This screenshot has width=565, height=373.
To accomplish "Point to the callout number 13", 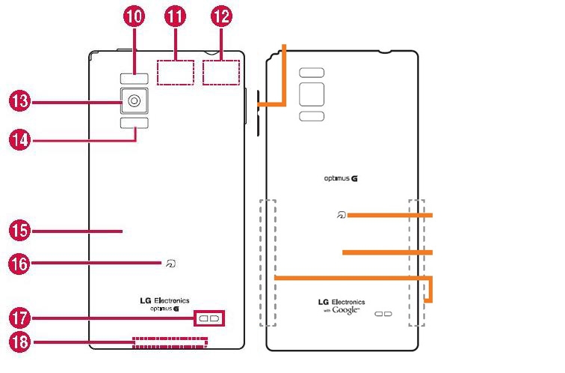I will coord(19,100).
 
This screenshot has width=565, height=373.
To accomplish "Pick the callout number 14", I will coord(19,138).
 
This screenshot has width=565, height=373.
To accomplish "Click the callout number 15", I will coord(19,230).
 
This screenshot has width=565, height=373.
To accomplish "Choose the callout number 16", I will coord(19,263).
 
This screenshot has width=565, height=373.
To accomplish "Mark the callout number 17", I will coord(19,318).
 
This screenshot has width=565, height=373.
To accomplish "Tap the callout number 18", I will coord(19,343).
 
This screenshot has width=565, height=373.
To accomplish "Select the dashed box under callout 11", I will coord(176,72).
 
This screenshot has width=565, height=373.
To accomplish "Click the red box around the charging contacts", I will coord(209,318).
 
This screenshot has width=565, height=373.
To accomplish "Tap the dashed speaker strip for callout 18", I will coord(170,343).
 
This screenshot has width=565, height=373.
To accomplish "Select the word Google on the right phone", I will coord(347,309).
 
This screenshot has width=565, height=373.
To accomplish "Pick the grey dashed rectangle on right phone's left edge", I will coord(268,262).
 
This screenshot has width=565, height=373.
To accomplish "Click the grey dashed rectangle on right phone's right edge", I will coord(416,262).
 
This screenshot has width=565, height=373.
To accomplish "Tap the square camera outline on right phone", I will coord(312,94).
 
